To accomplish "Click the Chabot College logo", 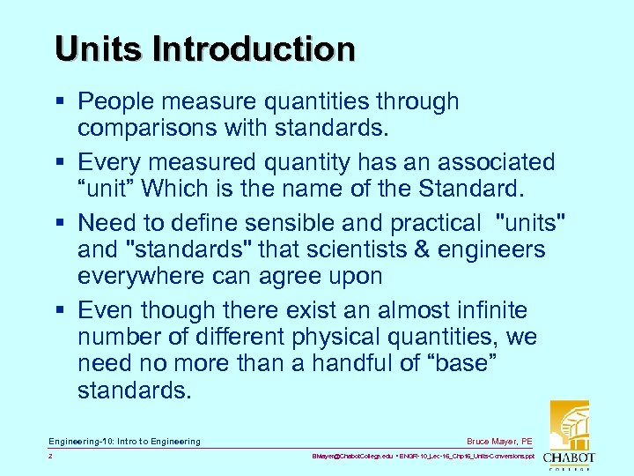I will click(569, 433).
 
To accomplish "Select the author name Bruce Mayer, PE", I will click(498, 441).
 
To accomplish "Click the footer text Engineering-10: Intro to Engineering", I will click(124, 441).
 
